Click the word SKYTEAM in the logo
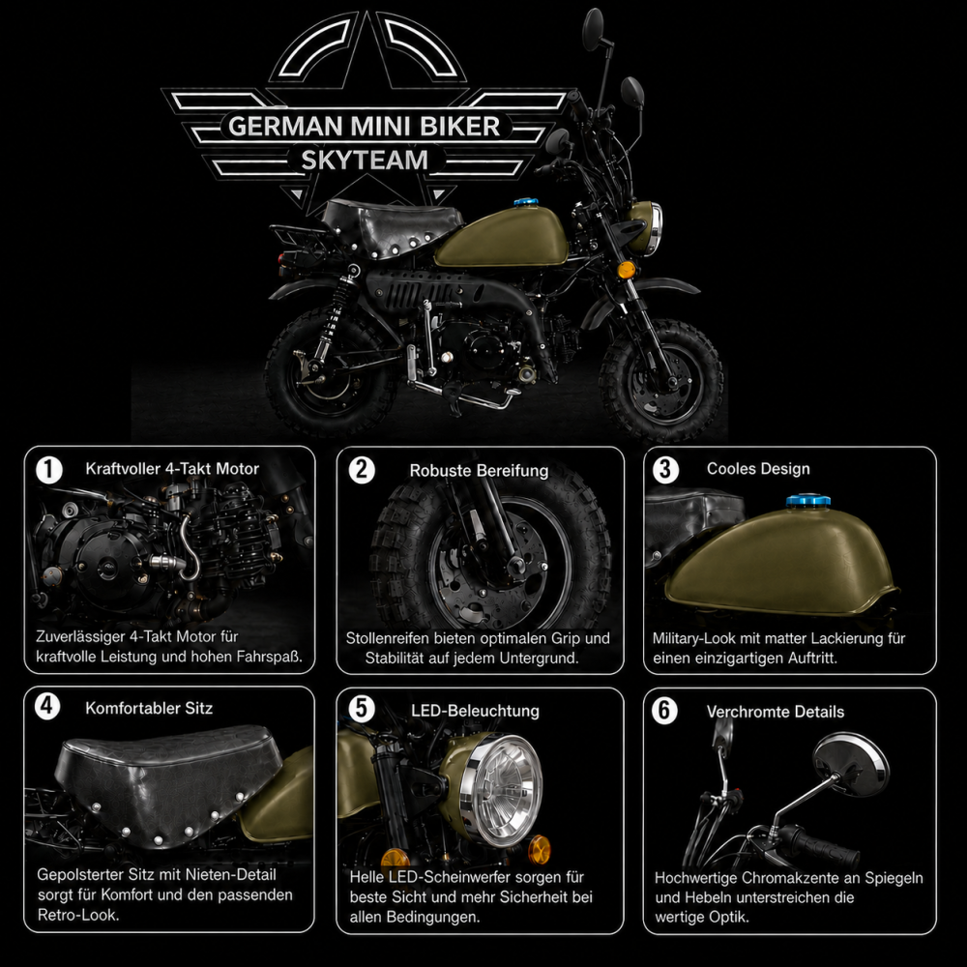point(365,161)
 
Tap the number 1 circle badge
point(49,470)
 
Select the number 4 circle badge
point(47,706)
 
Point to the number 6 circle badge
point(664,711)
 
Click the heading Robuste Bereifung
point(479,471)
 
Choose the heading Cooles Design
point(758,469)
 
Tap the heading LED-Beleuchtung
point(475,711)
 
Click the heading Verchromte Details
point(776,712)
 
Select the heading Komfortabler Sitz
point(149,708)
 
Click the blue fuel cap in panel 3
point(807,501)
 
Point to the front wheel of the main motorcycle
point(661,379)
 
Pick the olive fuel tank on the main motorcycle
point(502,237)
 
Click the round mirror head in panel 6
point(851,764)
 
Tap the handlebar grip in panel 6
point(819,845)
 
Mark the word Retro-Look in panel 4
point(78,915)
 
